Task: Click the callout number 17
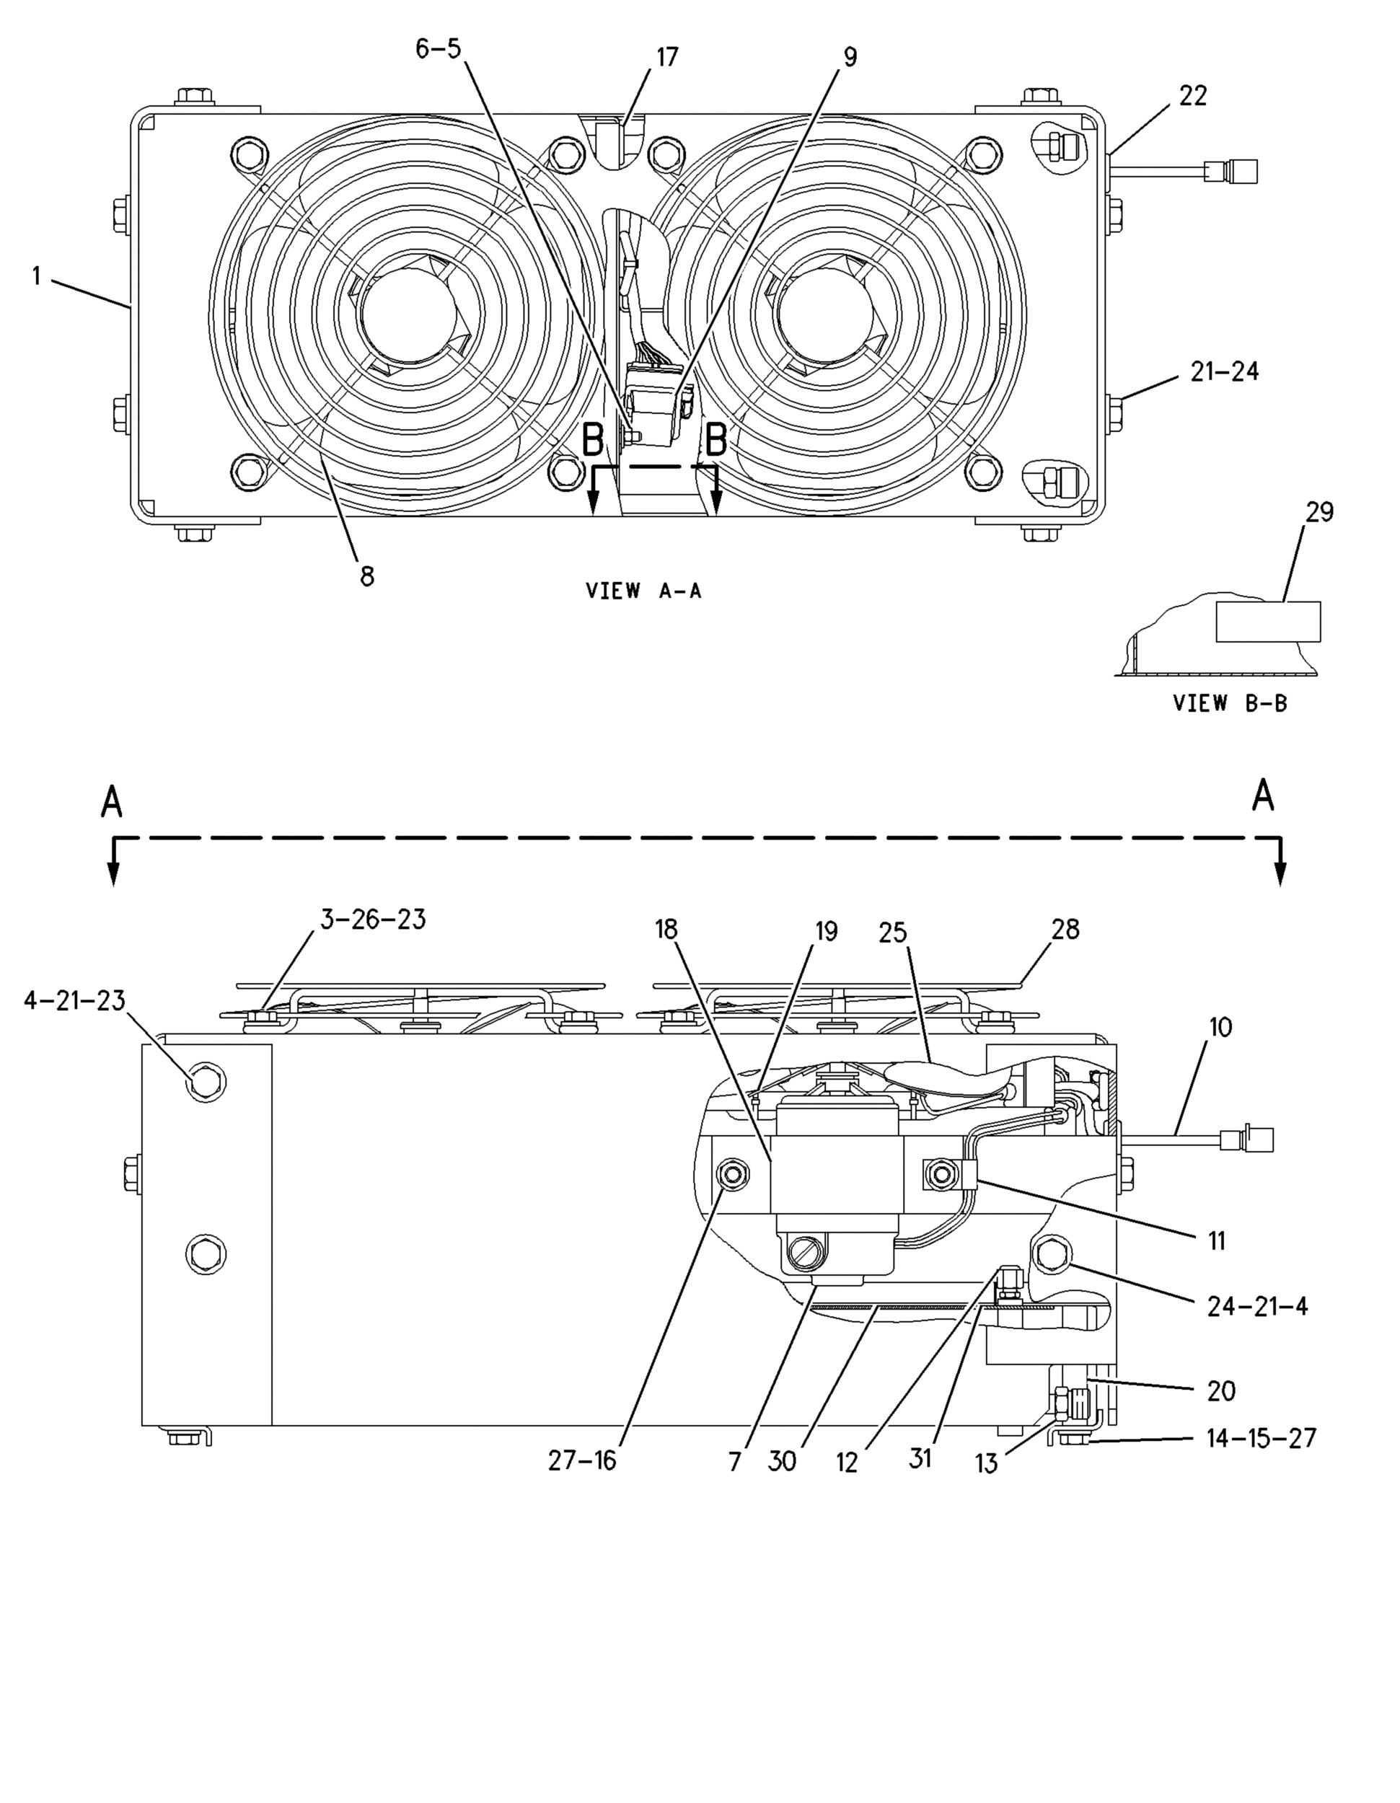click(667, 57)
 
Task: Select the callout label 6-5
click(438, 50)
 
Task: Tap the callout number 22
click(1193, 97)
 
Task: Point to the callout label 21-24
click(1224, 372)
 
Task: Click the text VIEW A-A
click(643, 591)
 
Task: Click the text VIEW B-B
click(1230, 703)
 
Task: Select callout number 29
click(1319, 513)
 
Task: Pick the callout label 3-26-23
click(373, 919)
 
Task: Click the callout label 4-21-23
click(74, 1000)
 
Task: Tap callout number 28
click(1065, 930)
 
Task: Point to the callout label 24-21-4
click(1257, 1306)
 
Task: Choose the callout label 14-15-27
click(1261, 1438)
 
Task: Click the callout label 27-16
click(582, 1460)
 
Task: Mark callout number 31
click(920, 1459)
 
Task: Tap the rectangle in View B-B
click(1268, 622)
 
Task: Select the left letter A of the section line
click(112, 800)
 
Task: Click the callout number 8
click(367, 576)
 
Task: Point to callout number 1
click(36, 275)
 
